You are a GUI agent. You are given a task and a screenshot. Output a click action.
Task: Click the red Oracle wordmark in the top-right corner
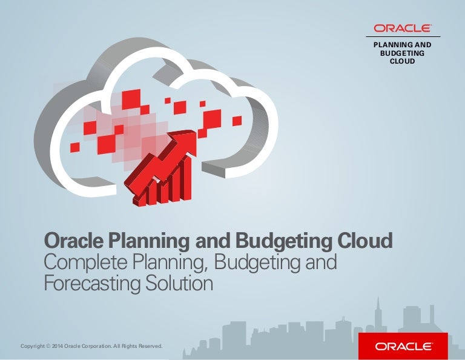(x=402, y=28)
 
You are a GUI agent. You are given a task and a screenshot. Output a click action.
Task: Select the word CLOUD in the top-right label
(x=403, y=61)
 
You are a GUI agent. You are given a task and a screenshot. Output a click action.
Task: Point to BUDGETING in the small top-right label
(x=403, y=53)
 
